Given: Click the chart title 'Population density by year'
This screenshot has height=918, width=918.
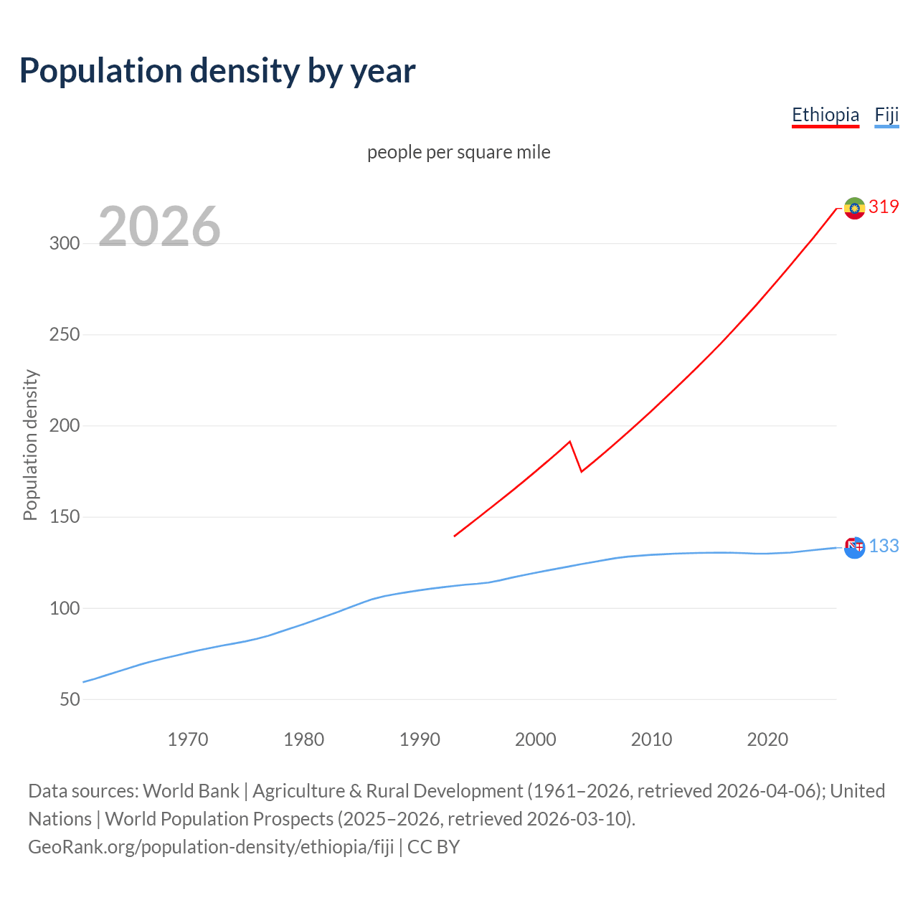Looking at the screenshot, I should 217,71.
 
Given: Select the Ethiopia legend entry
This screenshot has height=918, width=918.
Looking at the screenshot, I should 825,115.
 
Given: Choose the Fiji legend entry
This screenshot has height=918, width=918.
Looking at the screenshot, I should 886,115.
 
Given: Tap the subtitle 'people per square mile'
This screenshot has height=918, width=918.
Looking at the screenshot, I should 458,153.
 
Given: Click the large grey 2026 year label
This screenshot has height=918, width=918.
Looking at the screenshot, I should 159,227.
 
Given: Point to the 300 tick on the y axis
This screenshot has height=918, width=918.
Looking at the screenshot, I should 65,243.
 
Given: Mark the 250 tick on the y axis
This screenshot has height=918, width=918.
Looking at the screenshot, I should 65,334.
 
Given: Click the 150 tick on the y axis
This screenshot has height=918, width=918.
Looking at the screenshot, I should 65,517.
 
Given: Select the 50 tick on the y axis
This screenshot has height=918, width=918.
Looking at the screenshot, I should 70,699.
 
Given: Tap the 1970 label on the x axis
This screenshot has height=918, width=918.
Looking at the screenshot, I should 188,739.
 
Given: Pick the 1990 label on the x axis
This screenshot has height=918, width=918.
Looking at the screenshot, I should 420,739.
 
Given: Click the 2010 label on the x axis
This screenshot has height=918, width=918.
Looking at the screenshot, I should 651,739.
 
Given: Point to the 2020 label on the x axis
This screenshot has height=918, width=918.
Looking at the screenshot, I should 767,739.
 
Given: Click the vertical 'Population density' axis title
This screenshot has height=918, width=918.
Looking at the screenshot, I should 30,445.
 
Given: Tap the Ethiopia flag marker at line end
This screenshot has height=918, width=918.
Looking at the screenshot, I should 854,208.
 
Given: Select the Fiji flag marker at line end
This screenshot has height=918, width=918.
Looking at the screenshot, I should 854,548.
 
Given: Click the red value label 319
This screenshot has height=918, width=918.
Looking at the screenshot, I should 884,207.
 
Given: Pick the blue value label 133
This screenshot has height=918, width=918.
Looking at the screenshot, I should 884,546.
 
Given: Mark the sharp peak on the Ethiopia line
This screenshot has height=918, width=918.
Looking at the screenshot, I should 569,442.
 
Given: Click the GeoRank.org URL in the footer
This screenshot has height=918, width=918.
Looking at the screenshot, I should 211,847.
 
